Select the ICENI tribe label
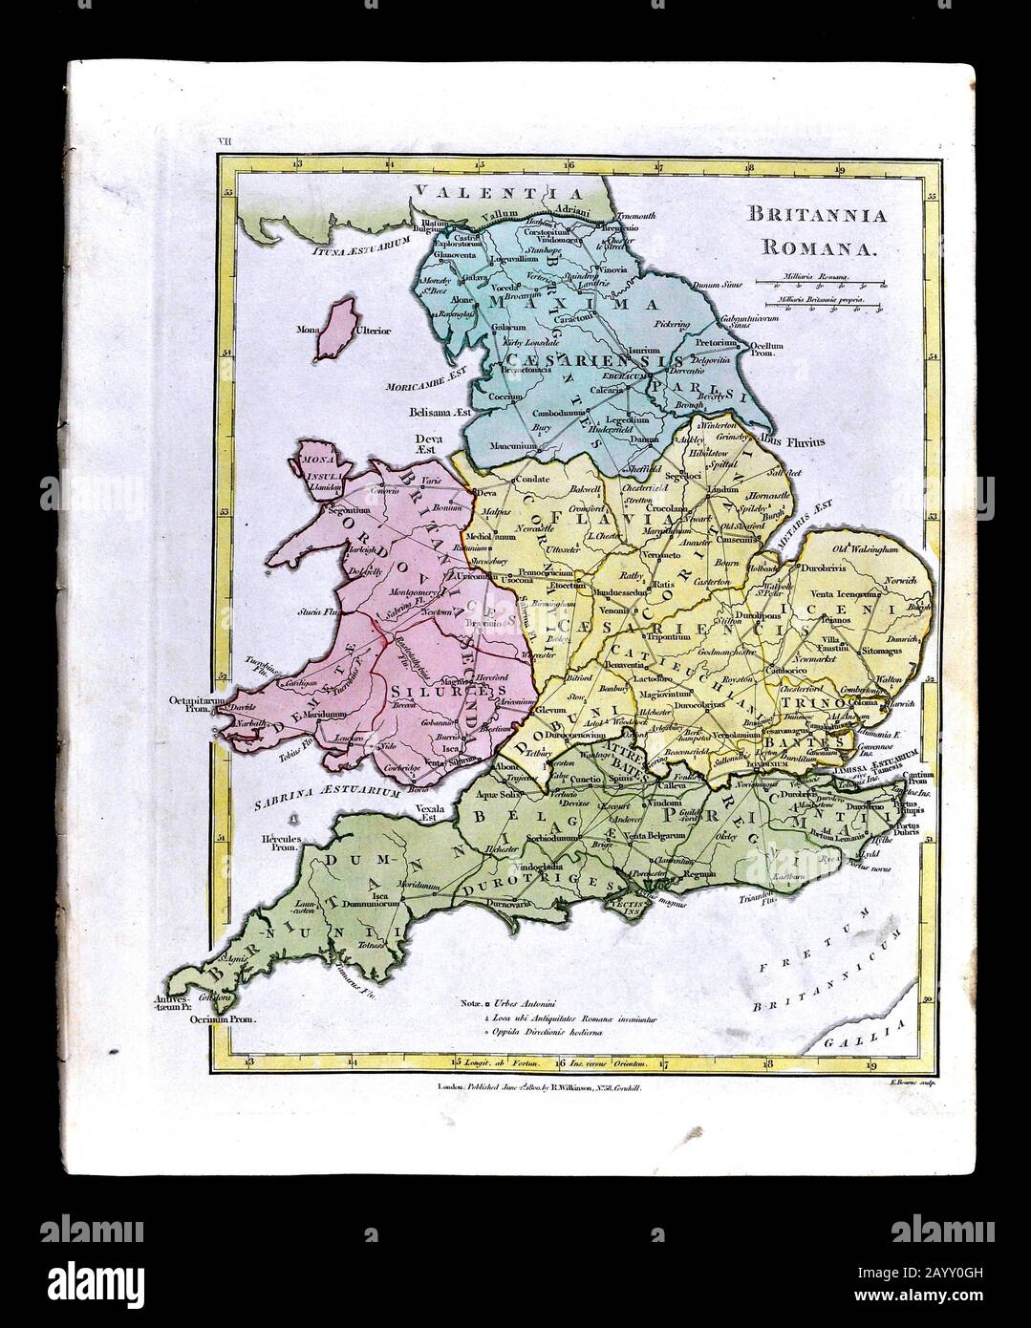[x=863, y=605]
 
